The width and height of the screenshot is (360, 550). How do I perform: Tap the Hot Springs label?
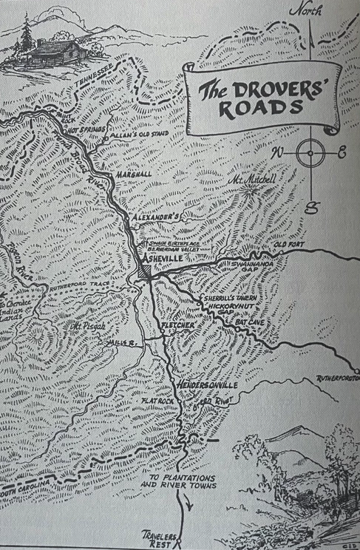pos(87,131)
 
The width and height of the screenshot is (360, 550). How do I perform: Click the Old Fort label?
pos(289,245)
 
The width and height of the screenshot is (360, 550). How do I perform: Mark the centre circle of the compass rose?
pos(310,154)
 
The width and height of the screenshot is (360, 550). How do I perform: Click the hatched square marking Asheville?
pos(144,271)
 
